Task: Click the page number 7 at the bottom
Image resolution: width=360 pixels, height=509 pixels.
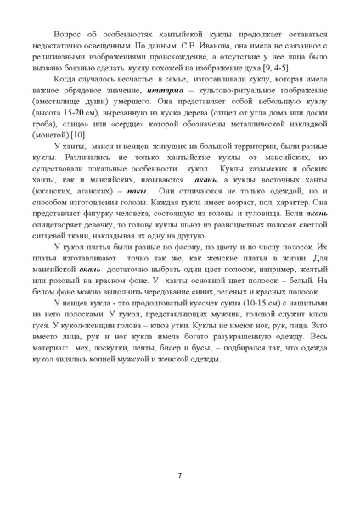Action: (x=180, y=473)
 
